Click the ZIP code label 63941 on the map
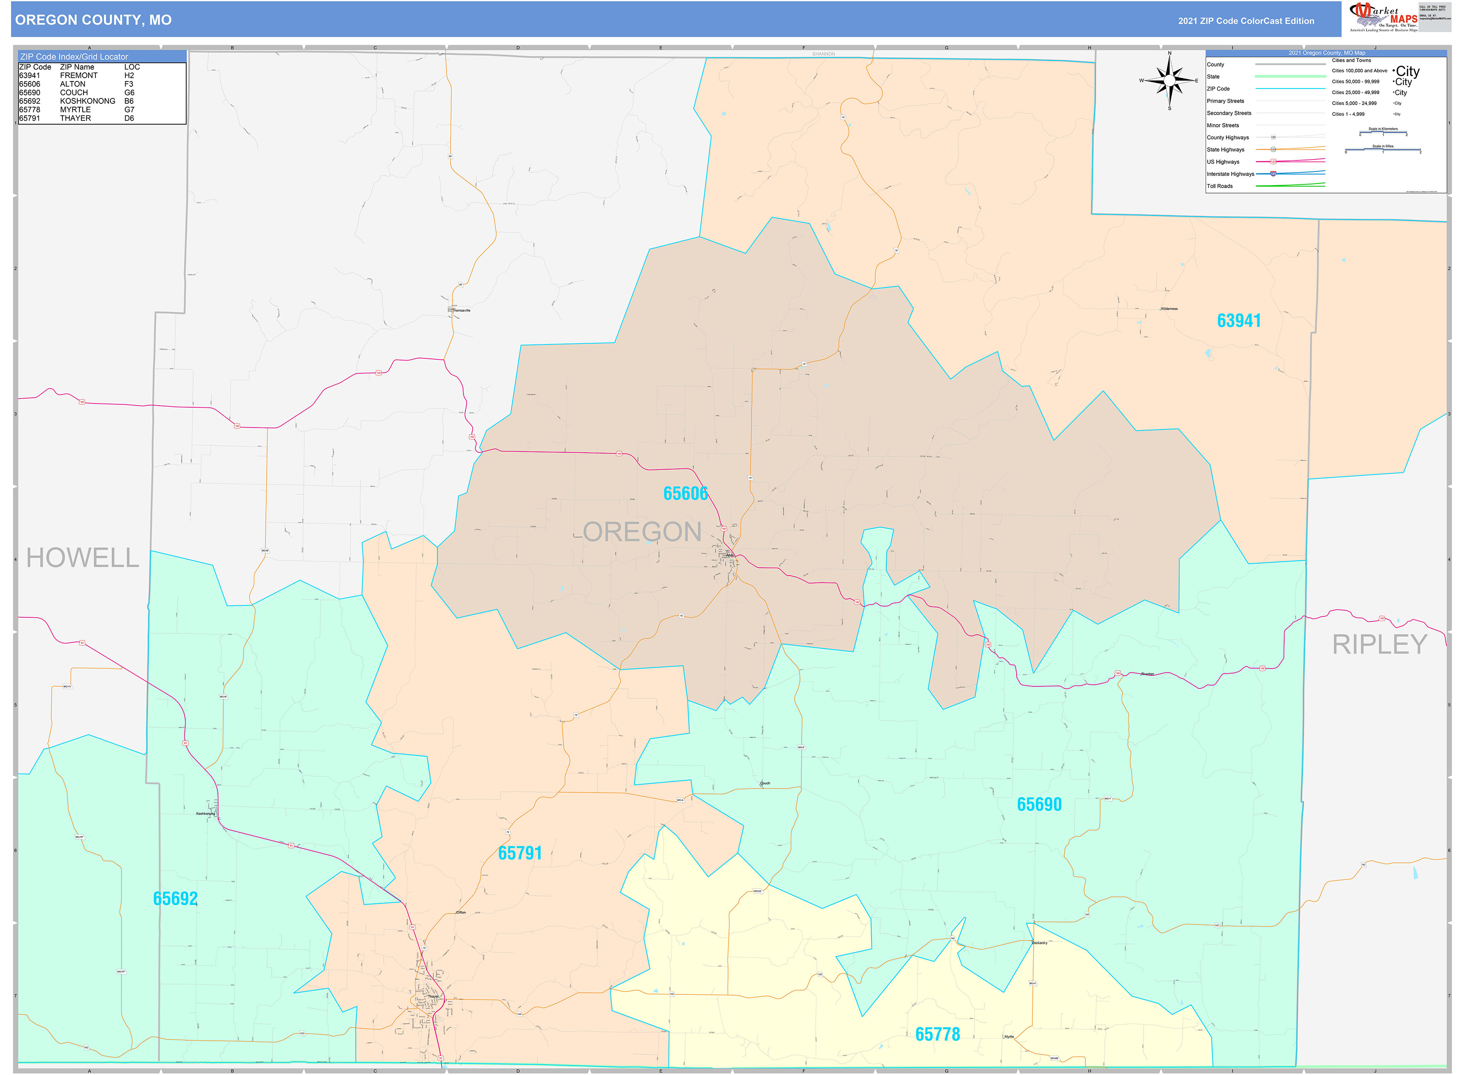point(1238,321)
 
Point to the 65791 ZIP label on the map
point(519,853)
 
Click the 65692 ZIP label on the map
point(175,898)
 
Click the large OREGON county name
point(642,532)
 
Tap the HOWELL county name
point(83,558)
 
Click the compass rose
point(1169,81)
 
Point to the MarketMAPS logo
point(1383,17)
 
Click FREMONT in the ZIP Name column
point(79,76)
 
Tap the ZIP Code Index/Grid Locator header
point(74,57)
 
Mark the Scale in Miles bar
point(1383,150)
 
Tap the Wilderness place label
point(1169,309)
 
